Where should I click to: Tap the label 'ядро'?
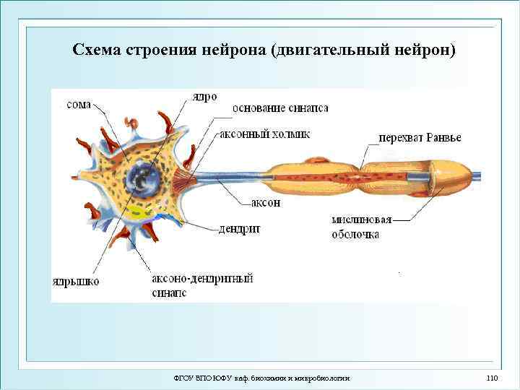204,97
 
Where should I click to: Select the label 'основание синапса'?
280,108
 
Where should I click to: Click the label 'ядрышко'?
76,280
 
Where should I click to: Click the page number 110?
493,378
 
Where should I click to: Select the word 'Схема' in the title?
97,50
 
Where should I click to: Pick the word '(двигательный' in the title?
329,50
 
